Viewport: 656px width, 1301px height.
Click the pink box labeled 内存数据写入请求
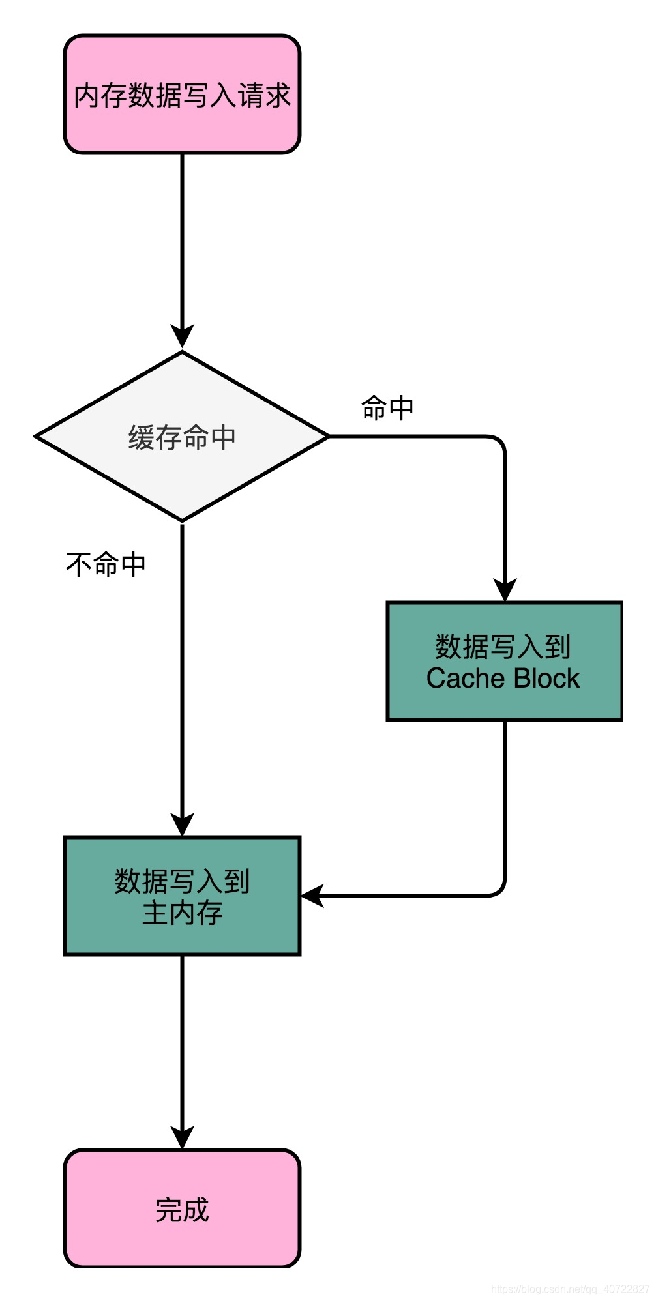182,95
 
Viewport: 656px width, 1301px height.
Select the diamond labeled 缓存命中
182,437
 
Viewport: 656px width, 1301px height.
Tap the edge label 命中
387,408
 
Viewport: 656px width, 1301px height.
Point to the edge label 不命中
106,564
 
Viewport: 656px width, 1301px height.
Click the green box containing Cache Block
504,661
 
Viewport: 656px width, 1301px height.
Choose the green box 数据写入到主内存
182,896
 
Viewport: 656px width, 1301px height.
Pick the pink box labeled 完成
182,1208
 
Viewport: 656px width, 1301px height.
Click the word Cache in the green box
465,679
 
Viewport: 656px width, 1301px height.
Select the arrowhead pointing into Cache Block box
505,590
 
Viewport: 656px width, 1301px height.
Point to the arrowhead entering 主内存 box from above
182,825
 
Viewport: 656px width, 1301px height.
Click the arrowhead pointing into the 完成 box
182,1137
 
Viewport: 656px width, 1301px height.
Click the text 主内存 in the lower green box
182,913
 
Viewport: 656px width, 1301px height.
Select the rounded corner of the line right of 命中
499,441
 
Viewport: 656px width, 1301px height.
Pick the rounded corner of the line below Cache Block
499,890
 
